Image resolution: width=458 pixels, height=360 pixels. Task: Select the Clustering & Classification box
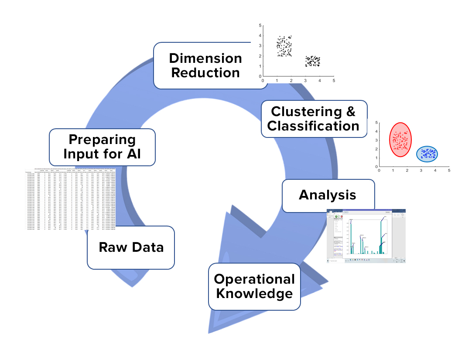[x=313, y=119]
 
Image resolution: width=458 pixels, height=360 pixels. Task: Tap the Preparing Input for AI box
[x=102, y=147]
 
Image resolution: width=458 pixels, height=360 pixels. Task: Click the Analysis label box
[x=328, y=195]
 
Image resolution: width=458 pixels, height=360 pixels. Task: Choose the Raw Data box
[x=131, y=247]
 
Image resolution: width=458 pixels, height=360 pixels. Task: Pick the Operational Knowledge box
[x=254, y=286]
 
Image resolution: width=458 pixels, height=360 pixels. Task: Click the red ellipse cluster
[x=398, y=140]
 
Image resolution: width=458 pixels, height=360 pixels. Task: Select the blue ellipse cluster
[x=427, y=153]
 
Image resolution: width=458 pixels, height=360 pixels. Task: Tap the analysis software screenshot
[x=366, y=236]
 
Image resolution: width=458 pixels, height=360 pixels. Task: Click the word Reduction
[x=205, y=72]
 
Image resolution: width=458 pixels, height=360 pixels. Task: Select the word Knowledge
[x=254, y=294]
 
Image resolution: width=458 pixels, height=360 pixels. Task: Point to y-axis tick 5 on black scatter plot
[x=259, y=26]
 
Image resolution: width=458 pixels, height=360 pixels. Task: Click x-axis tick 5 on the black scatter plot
[x=334, y=81]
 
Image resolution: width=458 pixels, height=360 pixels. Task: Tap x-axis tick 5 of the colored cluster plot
[x=449, y=171]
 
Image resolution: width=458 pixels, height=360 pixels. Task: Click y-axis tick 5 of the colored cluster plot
[x=376, y=123]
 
